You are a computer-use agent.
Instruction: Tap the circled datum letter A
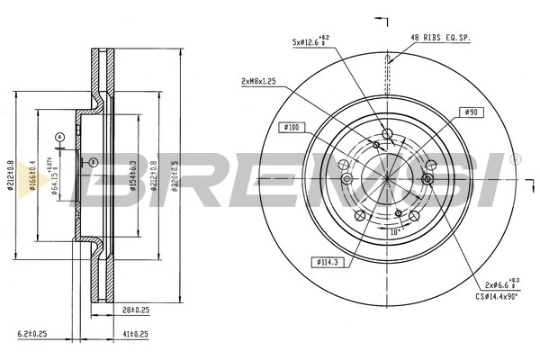(60, 137)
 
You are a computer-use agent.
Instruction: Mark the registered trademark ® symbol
(516, 158)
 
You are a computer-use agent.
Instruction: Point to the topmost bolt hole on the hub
(387, 135)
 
